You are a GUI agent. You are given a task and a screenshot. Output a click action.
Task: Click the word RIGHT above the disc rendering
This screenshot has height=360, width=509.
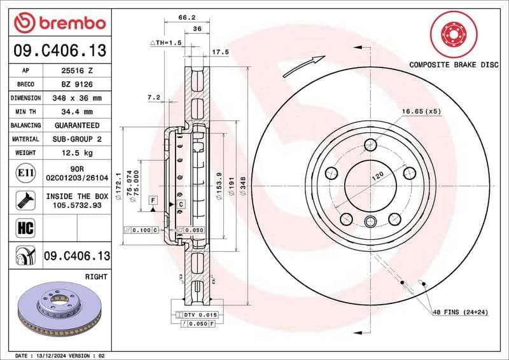[96, 277]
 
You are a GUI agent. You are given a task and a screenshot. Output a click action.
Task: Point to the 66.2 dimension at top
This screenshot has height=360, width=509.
[186, 18]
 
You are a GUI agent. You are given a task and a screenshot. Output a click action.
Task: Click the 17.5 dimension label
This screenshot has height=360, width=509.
[220, 52]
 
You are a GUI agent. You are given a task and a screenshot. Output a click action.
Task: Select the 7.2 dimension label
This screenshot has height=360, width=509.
[153, 98]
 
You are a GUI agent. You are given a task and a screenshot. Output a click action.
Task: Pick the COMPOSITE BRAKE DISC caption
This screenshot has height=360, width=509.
[453, 64]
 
